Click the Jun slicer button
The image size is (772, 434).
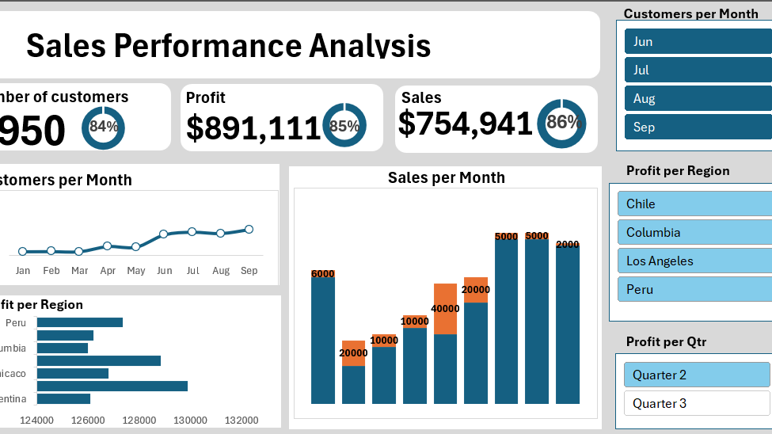click(697, 42)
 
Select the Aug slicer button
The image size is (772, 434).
click(697, 99)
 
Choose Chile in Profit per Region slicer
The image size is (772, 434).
click(694, 204)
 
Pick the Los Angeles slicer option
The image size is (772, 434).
click(694, 261)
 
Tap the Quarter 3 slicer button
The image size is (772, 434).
click(696, 404)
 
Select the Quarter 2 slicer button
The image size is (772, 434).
click(696, 375)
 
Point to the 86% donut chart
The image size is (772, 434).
click(562, 123)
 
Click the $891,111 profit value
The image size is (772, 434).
click(253, 128)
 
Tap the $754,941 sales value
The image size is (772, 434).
click(466, 124)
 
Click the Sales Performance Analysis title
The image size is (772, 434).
click(229, 46)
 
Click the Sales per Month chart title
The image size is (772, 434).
click(446, 177)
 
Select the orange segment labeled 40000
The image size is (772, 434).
click(446, 308)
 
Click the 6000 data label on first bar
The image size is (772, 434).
click(323, 274)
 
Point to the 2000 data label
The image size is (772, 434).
click(568, 245)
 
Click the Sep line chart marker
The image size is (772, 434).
click(249, 230)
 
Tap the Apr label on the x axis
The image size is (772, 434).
click(108, 271)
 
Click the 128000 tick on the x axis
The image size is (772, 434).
click(139, 421)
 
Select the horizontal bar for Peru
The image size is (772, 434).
click(79, 322)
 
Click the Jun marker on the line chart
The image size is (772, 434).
click(163, 234)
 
